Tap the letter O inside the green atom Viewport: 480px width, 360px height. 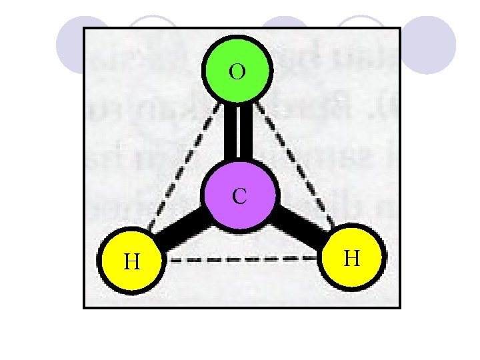coord(237,71)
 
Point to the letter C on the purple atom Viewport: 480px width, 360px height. coord(239,196)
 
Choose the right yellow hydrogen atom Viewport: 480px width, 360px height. coord(353,258)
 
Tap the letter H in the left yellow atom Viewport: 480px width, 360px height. coord(132,261)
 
